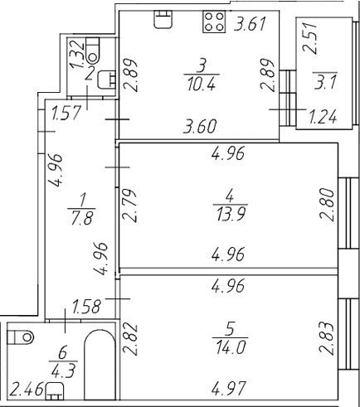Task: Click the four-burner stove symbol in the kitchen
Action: coord(214,22)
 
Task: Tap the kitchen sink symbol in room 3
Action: coord(163,19)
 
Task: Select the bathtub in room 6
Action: coord(100,364)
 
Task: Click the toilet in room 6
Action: coord(20,337)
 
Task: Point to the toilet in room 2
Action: coord(93,50)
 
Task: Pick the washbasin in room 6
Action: coord(55,391)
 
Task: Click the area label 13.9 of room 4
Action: coord(231,214)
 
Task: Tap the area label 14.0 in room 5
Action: coord(231,346)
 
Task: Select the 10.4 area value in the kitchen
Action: coord(201,84)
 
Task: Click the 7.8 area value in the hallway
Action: coord(82,217)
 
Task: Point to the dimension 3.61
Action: coord(250,24)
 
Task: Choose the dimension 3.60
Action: coord(201,127)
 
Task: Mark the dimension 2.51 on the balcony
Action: coord(309,37)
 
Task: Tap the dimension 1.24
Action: coord(323,116)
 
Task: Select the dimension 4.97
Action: coord(228,388)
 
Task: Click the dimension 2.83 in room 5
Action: coord(327,338)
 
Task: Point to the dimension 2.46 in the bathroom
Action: coord(27,388)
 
